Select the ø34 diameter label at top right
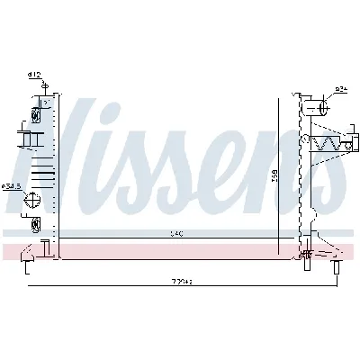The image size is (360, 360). click(341, 89)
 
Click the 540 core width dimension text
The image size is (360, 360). click(177, 234)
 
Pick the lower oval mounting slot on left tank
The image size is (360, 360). click(36, 223)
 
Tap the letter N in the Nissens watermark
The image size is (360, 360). click(85, 153)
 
